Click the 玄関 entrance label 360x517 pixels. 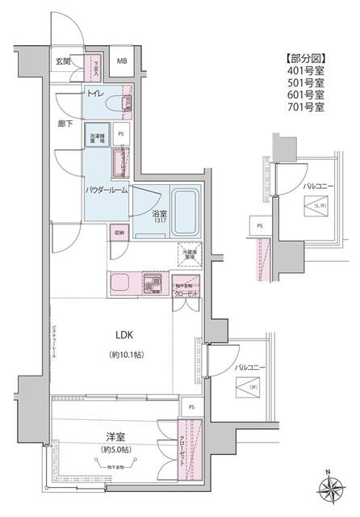(64, 61)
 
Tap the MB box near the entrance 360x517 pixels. (124, 61)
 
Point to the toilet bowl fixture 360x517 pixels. (127, 101)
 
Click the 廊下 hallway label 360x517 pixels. (66, 124)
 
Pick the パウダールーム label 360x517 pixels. (107, 189)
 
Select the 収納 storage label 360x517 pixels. (119, 233)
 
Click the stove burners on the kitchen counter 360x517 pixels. (153, 284)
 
